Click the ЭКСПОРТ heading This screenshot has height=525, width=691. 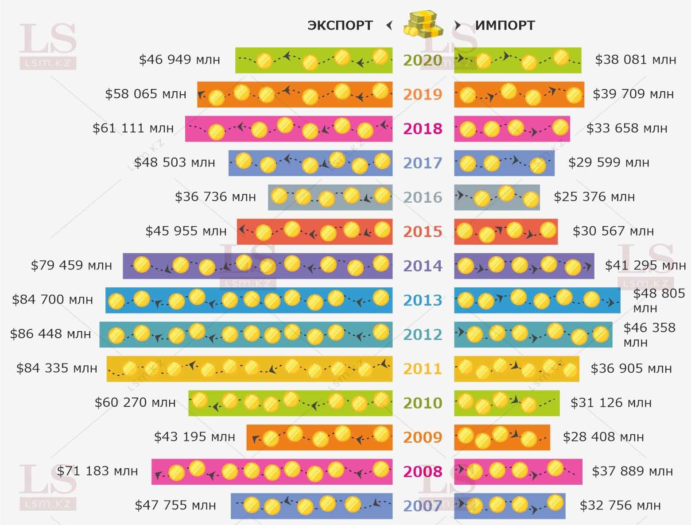pos(340,26)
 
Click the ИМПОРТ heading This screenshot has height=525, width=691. pos(505,26)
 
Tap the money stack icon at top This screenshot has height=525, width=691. pos(423,25)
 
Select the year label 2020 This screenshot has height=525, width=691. pos(423,60)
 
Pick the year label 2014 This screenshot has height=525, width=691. pos(423,266)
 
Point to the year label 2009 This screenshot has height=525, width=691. pos(423,437)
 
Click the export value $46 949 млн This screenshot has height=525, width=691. pos(179,60)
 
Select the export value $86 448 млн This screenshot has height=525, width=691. pos(50,334)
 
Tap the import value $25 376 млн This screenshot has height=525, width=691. pos(594,197)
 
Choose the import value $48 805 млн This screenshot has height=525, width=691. pos(659,300)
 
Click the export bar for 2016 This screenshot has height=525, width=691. pos(330,197)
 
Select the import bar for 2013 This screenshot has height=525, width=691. pos(537,300)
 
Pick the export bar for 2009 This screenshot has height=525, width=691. pos(319,437)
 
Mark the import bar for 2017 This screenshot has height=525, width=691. pos(504,163)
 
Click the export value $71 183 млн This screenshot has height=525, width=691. pos(97,471)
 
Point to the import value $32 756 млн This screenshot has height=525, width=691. pos(620,505)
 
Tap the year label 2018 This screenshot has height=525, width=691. pos(423,129)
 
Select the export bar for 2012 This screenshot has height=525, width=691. pos(246,334)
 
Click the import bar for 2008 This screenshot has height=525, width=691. pos(518,471)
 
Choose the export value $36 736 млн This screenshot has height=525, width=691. pos(215,197)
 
